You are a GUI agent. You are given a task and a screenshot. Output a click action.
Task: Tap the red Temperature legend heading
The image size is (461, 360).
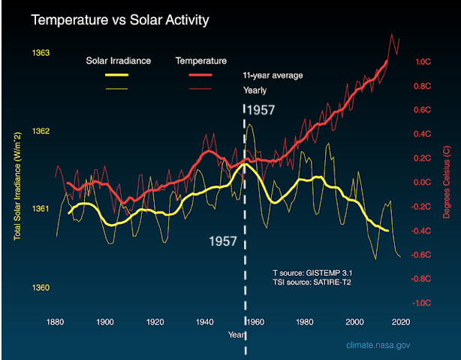click(200, 60)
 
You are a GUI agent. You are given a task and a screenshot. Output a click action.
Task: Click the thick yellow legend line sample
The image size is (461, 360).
click(108, 75)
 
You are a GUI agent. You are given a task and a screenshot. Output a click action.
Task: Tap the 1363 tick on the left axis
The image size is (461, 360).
click(41, 53)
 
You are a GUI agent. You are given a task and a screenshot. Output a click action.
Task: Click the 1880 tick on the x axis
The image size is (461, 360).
click(55, 322)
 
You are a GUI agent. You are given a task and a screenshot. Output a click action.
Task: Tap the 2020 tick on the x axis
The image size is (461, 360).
click(399, 322)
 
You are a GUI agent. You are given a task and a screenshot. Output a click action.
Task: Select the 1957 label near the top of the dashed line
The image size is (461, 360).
click(261, 110)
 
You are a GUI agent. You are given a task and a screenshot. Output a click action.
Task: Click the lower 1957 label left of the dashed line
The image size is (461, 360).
click(223, 242)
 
